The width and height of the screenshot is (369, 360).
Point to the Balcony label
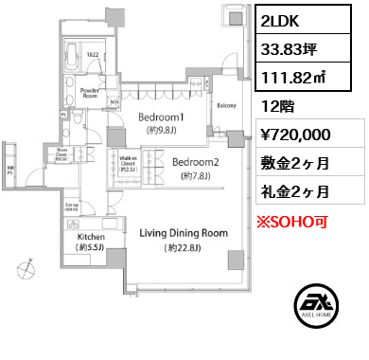[227, 106]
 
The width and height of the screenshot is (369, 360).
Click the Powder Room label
[90, 92]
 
